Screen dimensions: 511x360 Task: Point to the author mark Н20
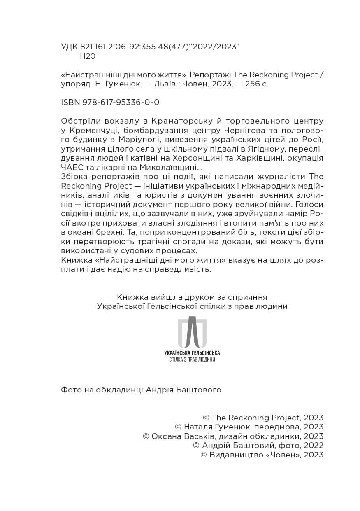pyautogui.click(x=87, y=56)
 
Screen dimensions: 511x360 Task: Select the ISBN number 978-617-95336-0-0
pyautogui.click(x=124, y=102)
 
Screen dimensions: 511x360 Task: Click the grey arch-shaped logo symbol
pyautogui.click(x=192, y=332)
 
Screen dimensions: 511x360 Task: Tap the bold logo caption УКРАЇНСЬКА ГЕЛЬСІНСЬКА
pyautogui.click(x=192, y=353)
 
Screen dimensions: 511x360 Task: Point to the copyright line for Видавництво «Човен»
pyautogui.click(x=262, y=455)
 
